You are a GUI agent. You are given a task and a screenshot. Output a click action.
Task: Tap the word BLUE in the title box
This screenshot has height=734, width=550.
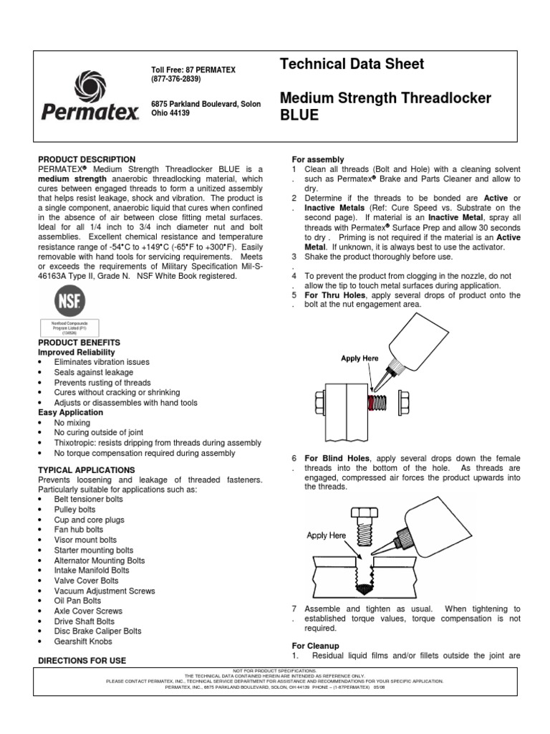pos(299,115)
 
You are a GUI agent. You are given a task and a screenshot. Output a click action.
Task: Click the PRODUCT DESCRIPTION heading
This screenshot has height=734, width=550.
pos(86,159)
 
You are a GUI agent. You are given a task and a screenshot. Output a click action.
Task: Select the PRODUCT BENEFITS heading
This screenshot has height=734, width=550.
pos(79,343)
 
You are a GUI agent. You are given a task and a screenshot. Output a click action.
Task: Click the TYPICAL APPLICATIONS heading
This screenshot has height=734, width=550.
pos(87,470)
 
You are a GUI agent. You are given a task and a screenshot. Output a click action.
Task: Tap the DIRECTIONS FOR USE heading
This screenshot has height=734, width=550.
pos(81,659)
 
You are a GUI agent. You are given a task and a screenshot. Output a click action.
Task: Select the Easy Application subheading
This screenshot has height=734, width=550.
pos(70,413)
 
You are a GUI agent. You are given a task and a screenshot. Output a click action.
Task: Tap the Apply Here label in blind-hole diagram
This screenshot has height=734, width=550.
pos(327,535)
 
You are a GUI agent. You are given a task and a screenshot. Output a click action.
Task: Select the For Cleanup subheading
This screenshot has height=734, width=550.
pos(315,645)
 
